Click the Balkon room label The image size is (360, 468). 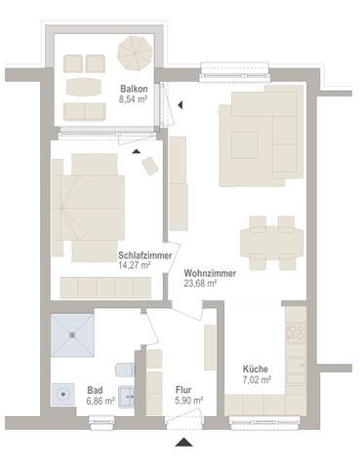click(134, 89)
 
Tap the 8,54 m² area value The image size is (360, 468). click(134, 99)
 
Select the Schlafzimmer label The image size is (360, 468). click(145, 255)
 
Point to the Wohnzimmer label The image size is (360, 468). click(210, 274)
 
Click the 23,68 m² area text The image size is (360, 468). click(200, 284)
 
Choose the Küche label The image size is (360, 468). click(256, 370)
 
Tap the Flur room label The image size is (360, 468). click(183, 390)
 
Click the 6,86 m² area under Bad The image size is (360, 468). click(100, 401)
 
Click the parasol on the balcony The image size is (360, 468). click(135, 53)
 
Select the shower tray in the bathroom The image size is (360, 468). click(72, 335)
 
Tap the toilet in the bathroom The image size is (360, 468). click(125, 370)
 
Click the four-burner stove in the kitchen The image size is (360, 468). click(296, 332)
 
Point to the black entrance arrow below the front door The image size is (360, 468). click(183, 442)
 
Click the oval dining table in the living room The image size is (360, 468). click(272, 243)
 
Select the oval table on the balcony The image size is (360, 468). click(84, 87)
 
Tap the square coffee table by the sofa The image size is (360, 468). click(245, 145)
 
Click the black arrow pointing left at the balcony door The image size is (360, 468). click(180, 104)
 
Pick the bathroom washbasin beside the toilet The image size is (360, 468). click(127, 397)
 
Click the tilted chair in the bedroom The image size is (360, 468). click(150, 166)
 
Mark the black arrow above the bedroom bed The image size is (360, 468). click(137, 151)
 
